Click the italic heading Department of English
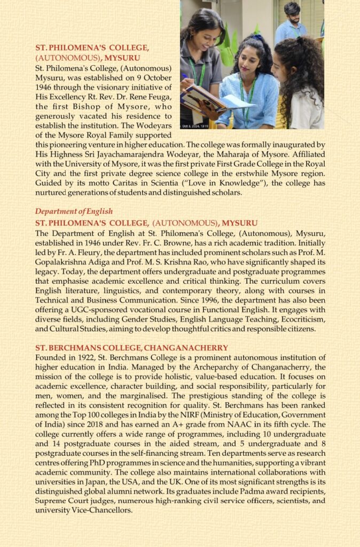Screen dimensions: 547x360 [74, 212]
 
